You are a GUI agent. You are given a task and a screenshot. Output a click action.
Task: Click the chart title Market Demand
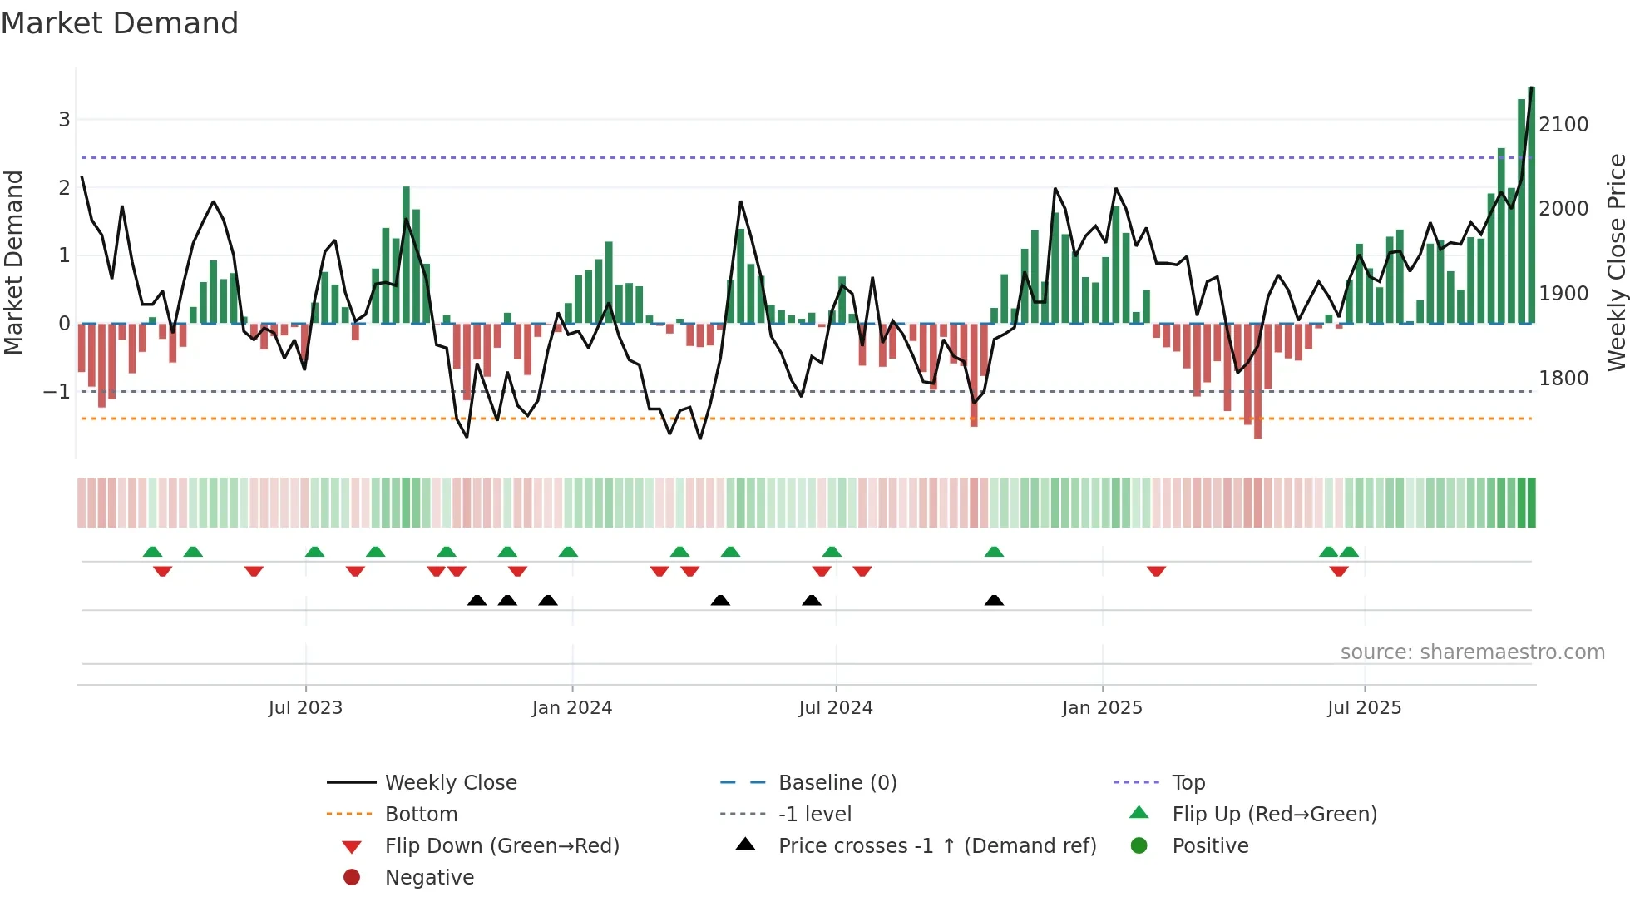[120, 23]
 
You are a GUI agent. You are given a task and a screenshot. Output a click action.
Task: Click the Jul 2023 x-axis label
[305, 708]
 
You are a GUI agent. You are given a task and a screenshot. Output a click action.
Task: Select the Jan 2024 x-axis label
[572, 708]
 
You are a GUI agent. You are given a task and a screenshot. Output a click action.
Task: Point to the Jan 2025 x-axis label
[1102, 708]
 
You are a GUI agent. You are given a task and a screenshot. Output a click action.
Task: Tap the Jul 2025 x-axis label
[1364, 708]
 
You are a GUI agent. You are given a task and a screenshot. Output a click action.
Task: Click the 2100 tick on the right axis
[1563, 125]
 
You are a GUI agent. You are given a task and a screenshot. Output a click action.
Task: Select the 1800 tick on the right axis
[1563, 379]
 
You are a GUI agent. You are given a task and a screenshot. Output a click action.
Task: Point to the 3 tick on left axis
[64, 120]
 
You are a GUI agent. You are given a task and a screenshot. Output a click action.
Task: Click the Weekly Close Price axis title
[1616, 262]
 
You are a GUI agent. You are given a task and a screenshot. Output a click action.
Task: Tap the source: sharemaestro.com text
[1472, 652]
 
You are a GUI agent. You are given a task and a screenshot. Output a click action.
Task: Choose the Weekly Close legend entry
[450, 783]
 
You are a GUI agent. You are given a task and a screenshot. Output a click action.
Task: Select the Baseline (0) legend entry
[837, 783]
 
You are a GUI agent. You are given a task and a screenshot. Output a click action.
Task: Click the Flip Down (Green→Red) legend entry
[501, 846]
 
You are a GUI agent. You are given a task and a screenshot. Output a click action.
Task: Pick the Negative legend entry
[429, 878]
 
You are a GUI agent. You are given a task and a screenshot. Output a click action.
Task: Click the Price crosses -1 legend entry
[936, 846]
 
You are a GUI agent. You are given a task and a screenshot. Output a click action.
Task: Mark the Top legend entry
[1188, 783]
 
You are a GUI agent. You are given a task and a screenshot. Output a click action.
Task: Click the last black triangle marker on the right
[994, 600]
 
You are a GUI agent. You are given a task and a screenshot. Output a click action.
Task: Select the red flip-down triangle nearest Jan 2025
[1156, 571]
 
